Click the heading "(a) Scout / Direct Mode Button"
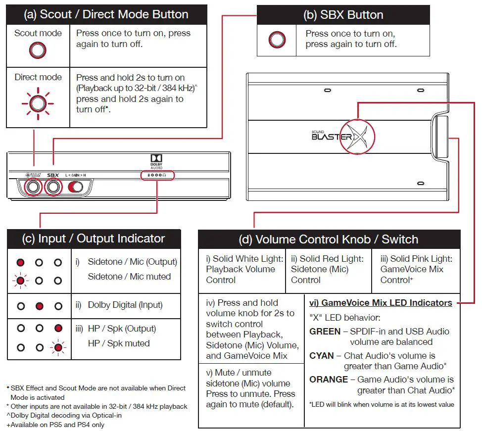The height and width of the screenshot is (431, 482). [x=106, y=14]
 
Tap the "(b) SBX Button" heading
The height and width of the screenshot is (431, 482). [x=343, y=15]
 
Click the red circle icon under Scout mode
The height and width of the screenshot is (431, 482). [x=38, y=50]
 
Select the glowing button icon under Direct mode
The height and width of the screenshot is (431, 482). [x=38, y=104]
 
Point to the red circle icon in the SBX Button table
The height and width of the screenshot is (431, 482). [x=277, y=40]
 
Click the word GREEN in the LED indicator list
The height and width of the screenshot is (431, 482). [x=325, y=332]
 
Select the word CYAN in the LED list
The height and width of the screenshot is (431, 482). [x=322, y=355]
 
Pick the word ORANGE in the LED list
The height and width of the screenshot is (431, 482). [x=329, y=380]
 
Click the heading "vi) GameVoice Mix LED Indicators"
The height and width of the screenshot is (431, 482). [x=381, y=302]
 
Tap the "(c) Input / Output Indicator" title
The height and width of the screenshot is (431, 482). [x=94, y=239]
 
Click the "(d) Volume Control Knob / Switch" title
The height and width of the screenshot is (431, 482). [x=329, y=239]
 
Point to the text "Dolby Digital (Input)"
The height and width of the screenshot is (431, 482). [x=125, y=305]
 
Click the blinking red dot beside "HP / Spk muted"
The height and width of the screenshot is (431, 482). [x=58, y=347]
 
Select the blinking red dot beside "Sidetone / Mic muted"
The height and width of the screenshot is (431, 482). [x=20, y=281]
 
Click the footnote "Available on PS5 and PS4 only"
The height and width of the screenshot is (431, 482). [x=57, y=425]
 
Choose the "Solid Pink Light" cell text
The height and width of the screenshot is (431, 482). [x=416, y=270]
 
